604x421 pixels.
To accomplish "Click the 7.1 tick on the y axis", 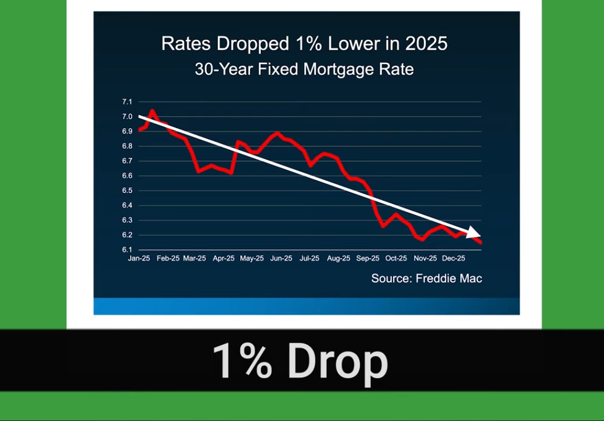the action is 127,102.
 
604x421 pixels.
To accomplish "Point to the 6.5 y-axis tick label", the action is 127,190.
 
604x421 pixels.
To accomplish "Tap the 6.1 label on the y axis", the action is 127,249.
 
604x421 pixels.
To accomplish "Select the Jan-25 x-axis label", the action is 139,258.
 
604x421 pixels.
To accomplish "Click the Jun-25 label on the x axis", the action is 281,258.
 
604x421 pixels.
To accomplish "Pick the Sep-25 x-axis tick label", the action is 368,258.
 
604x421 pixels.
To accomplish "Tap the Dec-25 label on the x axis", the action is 454,258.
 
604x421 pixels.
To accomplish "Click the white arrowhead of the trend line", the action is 474,232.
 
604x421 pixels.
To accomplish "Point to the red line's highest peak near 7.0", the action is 152,111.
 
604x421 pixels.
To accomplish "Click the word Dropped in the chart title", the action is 253,44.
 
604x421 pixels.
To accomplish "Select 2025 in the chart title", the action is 426,43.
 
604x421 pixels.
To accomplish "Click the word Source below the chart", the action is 392,278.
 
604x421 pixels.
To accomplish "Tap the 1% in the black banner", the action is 242,361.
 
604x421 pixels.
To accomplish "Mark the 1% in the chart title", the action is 309,43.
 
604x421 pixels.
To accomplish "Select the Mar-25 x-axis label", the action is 194,258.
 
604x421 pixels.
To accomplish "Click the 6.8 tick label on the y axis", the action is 127,146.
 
